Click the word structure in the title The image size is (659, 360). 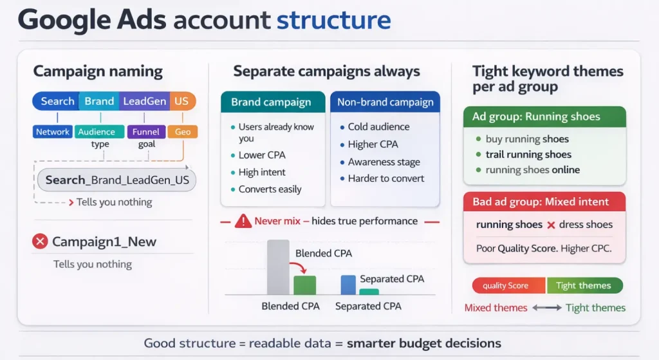click(x=334, y=20)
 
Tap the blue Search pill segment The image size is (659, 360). click(x=56, y=101)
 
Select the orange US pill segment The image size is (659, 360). click(x=182, y=101)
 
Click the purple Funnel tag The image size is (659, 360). click(x=146, y=131)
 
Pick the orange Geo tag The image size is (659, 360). click(x=182, y=131)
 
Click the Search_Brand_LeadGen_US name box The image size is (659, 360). click(x=117, y=180)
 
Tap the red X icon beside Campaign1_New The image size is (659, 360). click(x=40, y=242)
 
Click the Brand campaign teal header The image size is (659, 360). click(x=273, y=102)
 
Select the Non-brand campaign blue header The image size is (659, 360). click(x=385, y=102)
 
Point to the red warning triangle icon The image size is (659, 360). click(x=243, y=221)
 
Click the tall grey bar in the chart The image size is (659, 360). click(x=278, y=267)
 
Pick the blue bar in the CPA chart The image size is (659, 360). click(x=348, y=285)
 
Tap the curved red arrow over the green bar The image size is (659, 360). click(x=298, y=267)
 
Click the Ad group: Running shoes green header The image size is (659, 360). click(x=544, y=117)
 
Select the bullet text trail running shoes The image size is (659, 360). click(x=528, y=155)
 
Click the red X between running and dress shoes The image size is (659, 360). click(x=551, y=225)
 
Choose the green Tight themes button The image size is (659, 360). click(x=584, y=285)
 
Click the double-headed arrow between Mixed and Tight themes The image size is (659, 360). click(x=547, y=308)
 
